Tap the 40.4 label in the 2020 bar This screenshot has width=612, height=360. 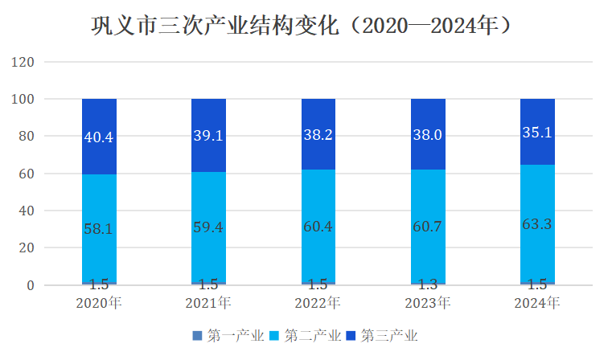coord(99,137)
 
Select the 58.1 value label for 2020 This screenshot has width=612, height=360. coord(99,229)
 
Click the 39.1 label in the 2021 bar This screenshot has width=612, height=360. coord(208,135)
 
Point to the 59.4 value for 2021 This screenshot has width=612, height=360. coord(208,227)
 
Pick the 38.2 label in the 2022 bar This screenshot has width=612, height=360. coord(318,135)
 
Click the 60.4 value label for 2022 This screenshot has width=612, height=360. coord(318,226)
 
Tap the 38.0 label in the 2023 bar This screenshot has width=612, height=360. coord(428,135)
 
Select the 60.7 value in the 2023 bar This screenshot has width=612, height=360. coord(428,226)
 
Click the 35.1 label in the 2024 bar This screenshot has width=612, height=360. coord(537,133)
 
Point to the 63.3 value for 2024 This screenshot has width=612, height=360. coord(537,223)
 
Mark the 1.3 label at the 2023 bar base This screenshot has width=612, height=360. coord(428,284)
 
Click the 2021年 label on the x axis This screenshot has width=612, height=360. coord(208,303)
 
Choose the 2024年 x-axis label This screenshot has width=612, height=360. coord(537,303)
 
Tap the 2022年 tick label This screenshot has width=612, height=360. coord(318,303)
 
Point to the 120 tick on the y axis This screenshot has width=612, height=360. coord(24,62)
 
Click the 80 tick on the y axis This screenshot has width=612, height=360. coord(27,137)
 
